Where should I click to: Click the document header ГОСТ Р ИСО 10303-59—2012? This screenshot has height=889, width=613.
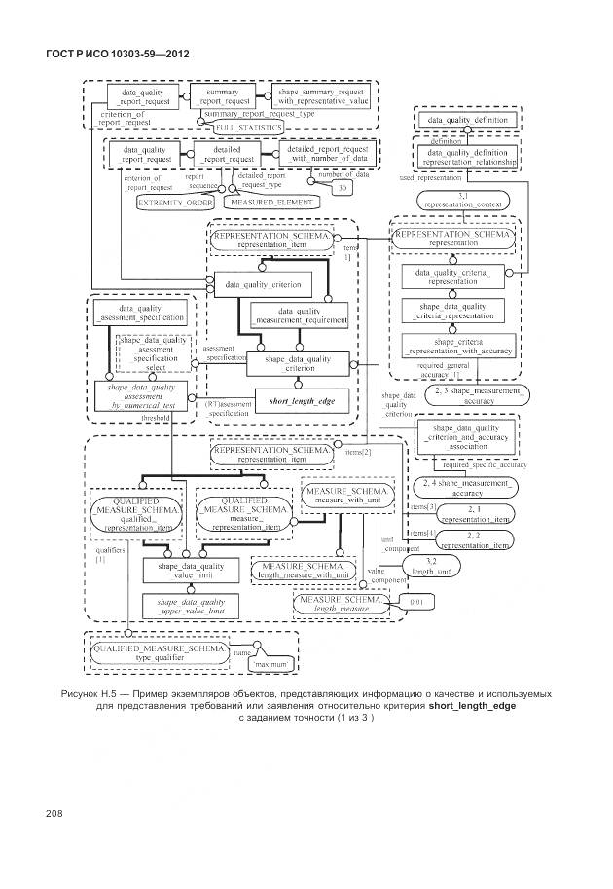(x=117, y=53)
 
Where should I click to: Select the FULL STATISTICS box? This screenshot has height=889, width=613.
(x=248, y=127)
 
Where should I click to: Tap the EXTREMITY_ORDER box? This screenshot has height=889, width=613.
(x=174, y=203)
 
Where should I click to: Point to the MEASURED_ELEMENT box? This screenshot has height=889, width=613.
(x=271, y=203)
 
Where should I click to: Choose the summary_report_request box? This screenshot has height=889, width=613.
(x=222, y=95)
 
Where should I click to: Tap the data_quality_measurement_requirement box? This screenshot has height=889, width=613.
(x=299, y=315)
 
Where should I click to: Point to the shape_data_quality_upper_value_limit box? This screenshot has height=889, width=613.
(x=191, y=607)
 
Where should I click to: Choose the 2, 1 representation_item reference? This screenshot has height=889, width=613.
(x=474, y=515)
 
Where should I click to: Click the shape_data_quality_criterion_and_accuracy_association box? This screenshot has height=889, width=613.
(x=464, y=436)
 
